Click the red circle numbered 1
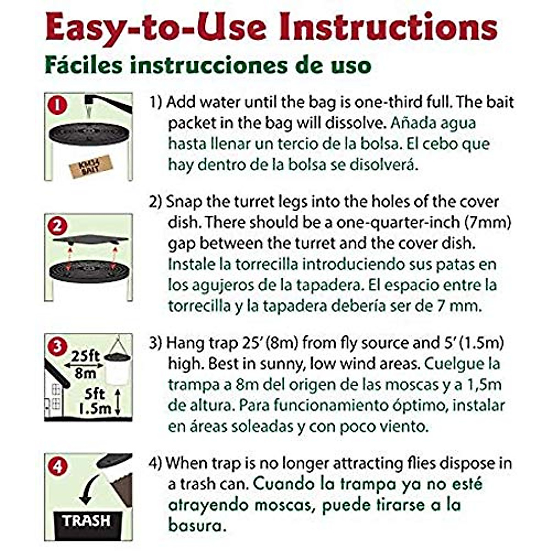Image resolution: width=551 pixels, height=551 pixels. tap(57, 105)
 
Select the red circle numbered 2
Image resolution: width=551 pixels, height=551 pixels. tap(57, 226)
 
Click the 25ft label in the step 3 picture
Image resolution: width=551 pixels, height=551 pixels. tap(85, 356)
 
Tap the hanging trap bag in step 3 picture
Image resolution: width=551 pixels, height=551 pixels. tap(117, 370)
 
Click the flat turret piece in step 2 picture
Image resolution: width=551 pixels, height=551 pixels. tap(90, 239)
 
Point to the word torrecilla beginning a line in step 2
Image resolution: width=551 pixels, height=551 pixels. tap(200, 306)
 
